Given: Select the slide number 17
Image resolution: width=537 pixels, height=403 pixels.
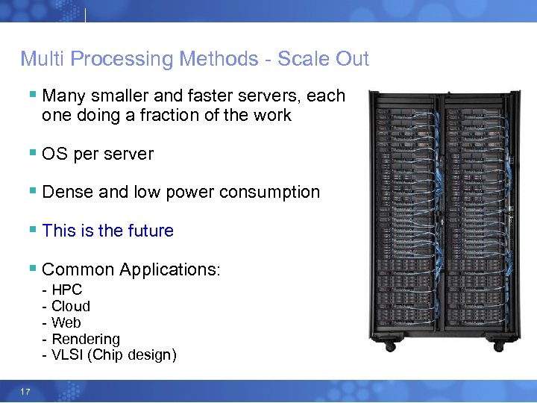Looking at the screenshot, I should click(x=26, y=391).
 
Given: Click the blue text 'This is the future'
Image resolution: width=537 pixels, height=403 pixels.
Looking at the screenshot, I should click(x=107, y=231).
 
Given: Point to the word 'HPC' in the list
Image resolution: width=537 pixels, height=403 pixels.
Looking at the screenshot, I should click(x=66, y=290).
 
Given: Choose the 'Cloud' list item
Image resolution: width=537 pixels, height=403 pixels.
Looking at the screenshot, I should click(x=70, y=306).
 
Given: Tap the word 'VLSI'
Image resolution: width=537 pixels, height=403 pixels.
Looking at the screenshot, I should click(x=67, y=355).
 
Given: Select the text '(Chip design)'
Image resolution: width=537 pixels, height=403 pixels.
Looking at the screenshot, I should click(x=132, y=355).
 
